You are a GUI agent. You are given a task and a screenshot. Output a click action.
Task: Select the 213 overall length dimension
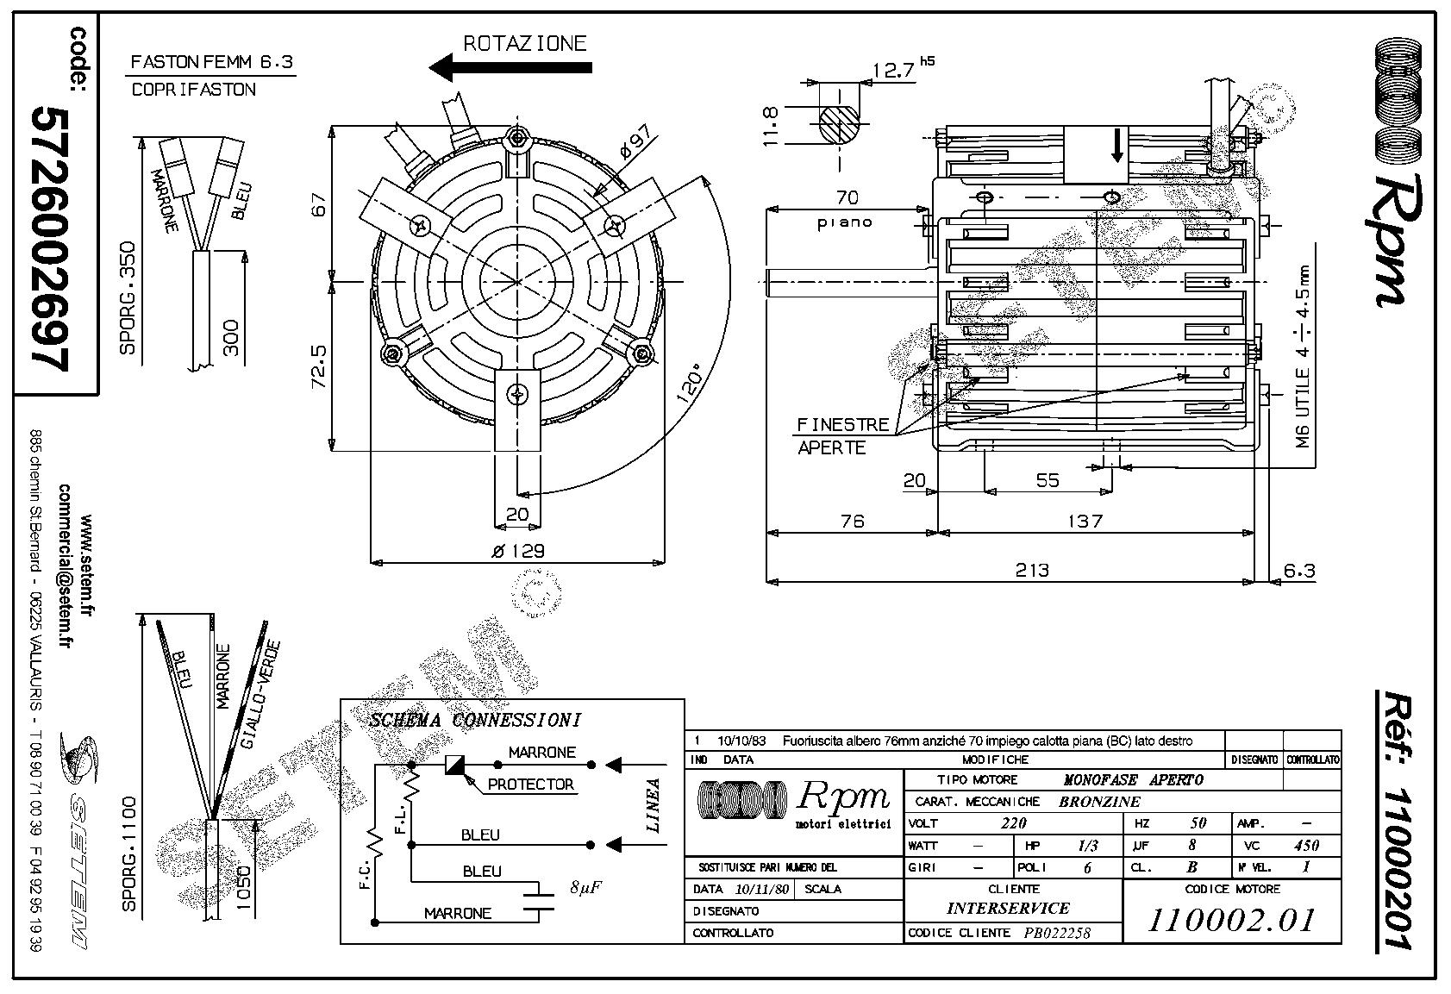point(1032,570)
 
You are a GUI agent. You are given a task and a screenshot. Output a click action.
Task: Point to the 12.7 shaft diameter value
point(892,71)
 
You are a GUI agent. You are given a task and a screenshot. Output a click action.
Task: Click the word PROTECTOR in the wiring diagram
point(530,785)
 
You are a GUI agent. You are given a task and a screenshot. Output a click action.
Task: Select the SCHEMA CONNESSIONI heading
point(474,721)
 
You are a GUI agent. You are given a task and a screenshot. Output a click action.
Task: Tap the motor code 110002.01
point(1232,920)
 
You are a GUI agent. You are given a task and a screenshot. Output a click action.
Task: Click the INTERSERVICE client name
point(1008,908)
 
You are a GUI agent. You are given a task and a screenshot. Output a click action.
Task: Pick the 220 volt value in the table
point(1013,823)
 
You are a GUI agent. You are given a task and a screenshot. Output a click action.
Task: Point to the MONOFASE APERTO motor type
point(1133,780)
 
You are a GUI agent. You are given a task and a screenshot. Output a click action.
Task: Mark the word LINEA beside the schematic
point(653,805)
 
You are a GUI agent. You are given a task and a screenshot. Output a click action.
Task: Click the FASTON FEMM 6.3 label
point(211,62)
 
